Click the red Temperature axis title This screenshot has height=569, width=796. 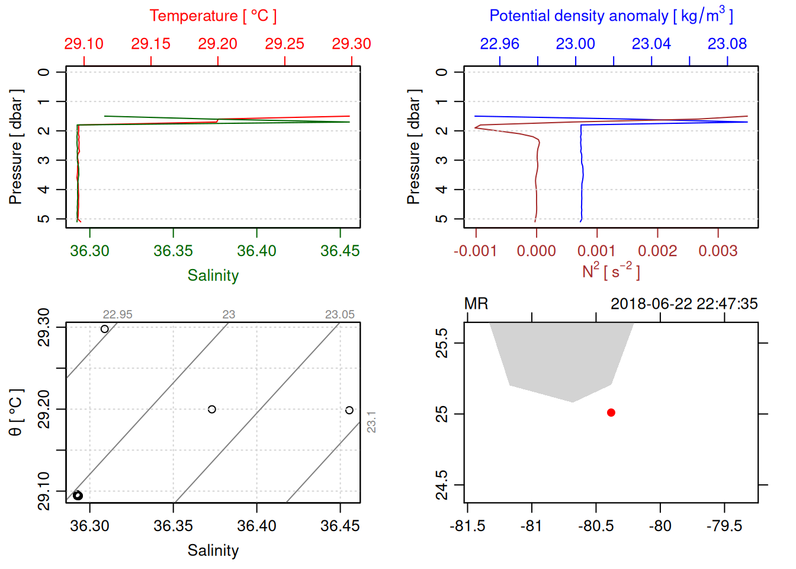click(x=213, y=16)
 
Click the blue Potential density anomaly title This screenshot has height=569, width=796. click(x=611, y=16)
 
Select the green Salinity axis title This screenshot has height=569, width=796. click(x=213, y=276)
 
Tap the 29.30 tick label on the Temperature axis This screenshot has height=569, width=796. click(x=351, y=44)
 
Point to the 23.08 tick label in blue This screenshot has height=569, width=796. click(x=727, y=44)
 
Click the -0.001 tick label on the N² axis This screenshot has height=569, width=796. click(x=475, y=251)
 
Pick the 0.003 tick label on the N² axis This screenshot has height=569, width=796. click(x=718, y=251)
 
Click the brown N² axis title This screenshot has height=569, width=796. click(x=611, y=271)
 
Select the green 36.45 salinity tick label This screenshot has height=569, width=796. click(x=340, y=251)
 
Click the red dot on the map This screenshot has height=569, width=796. click(x=611, y=413)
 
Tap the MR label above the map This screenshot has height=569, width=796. click(x=476, y=304)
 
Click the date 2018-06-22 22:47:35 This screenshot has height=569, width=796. click(x=684, y=304)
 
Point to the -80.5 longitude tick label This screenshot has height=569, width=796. click(x=596, y=526)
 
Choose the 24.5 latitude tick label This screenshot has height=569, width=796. click(x=442, y=485)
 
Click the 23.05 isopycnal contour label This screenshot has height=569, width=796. click(x=339, y=315)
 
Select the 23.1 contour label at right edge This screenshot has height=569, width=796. click(x=371, y=422)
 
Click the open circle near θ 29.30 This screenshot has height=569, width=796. click(x=105, y=329)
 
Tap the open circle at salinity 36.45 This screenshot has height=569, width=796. click(x=349, y=410)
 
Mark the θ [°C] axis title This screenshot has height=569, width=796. click(x=16, y=413)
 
